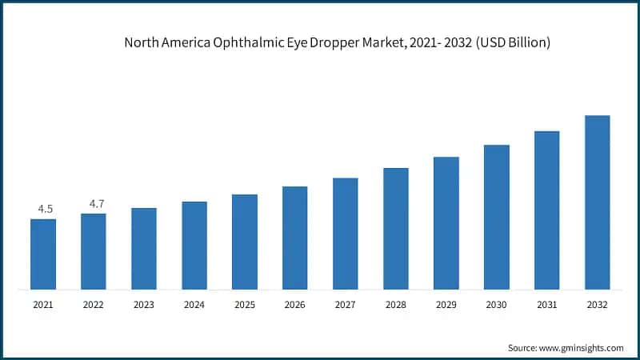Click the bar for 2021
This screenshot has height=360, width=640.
click(x=43, y=254)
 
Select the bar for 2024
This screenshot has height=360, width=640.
click(x=194, y=245)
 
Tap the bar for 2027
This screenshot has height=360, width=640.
click(x=346, y=233)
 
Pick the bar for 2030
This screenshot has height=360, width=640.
click(x=497, y=217)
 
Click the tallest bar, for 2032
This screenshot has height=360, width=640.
click(x=598, y=202)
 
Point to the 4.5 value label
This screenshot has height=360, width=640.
click(x=45, y=210)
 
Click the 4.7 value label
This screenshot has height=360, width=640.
click(x=96, y=204)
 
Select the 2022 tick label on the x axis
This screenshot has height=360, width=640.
click(x=94, y=305)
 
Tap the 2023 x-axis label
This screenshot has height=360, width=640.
click(x=144, y=305)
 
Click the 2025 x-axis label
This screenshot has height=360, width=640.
click(x=245, y=305)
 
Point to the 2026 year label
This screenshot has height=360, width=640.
click(x=295, y=305)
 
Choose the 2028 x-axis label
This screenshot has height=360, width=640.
click(x=396, y=305)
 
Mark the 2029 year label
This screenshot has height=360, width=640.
click(x=446, y=305)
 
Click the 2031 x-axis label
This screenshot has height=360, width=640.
click(x=547, y=305)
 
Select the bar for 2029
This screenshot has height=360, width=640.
click(x=446, y=222)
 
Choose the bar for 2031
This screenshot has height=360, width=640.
click(x=547, y=210)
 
